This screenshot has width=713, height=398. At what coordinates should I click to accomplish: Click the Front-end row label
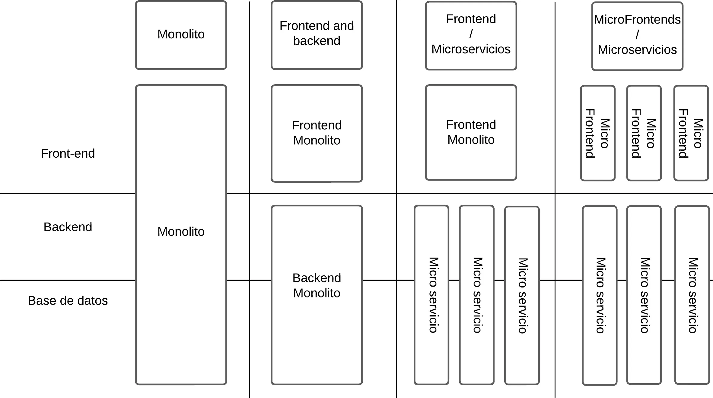click(68, 153)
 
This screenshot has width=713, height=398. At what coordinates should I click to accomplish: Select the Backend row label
click(68, 227)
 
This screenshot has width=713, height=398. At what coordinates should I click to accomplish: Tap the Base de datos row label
click(68, 301)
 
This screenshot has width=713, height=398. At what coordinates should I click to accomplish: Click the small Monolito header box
click(181, 35)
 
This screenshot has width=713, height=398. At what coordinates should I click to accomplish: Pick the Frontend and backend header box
click(317, 35)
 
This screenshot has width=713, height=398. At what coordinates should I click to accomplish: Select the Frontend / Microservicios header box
click(471, 36)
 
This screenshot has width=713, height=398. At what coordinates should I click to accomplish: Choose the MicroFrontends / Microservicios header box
click(637, 36)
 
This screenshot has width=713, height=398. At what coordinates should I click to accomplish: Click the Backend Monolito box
click(317, 295)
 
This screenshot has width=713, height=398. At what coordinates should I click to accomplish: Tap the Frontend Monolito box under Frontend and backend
click(317, 133)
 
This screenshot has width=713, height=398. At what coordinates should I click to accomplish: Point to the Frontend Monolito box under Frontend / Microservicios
click(471, 132)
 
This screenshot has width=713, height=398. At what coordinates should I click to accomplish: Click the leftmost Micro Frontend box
click(597, 133)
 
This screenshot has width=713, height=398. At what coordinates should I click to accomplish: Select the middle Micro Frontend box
click(644, 133)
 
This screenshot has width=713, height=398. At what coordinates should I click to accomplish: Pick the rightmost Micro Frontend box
click(691, 133)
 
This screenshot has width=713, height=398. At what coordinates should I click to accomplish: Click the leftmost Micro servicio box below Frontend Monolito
click(431, 295)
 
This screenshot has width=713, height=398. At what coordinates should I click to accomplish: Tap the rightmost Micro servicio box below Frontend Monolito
click(522, 295)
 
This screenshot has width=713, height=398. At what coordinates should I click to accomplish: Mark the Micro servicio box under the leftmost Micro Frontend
click(599, 295)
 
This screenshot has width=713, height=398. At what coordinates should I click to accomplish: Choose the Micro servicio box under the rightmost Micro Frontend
click(692, 295)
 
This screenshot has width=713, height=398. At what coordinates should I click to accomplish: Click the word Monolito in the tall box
click(181, 232)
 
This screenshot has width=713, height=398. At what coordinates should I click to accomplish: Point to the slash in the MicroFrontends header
click(637, 34)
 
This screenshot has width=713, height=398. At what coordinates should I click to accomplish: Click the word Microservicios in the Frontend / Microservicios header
click(471, 49)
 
